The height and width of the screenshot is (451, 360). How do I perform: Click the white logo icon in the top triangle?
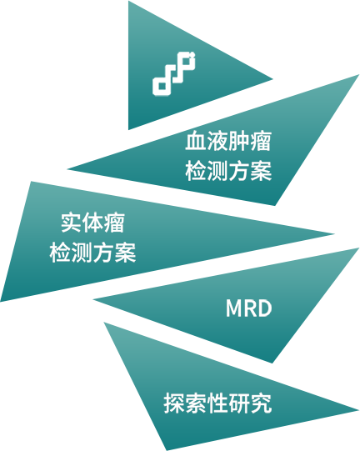click(174, 74)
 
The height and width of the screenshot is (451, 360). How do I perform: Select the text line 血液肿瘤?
click(228, 141)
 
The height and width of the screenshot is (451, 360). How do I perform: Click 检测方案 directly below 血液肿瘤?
click(228, 171)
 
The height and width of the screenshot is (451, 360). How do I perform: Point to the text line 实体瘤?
click(92, 223)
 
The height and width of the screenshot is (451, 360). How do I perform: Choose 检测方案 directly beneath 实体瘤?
click(92, 253)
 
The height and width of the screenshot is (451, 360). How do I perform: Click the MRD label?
click(248, 308)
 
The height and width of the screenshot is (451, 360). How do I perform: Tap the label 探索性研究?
click(217, 403)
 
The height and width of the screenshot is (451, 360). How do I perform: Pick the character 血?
click(196, 141)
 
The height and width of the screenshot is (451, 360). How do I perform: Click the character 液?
click(217, 141)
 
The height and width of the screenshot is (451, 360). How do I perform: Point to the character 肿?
click(239, 141)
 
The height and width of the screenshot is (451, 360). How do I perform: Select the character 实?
click(71, 223)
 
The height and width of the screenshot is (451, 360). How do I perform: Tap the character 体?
click(92, 223)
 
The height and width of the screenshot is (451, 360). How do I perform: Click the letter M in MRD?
click(233, 308)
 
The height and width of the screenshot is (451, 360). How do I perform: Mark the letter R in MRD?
click(250, 308)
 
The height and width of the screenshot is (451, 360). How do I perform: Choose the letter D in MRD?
click(264, 308)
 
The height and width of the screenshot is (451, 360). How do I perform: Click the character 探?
click(174, 403)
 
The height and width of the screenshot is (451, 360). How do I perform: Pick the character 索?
click(196, 403)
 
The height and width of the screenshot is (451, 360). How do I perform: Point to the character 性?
click(217, 403)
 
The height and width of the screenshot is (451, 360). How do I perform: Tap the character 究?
click(261, 403)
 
